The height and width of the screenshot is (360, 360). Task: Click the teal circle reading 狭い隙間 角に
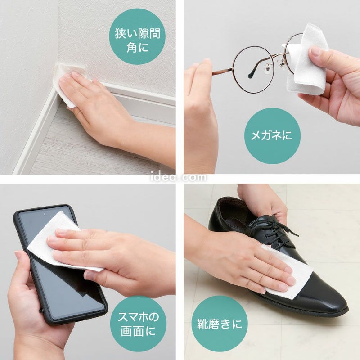pos(137,36)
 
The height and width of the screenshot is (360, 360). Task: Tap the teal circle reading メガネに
pos(272,136)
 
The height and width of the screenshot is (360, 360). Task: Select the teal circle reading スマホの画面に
pos(138,324)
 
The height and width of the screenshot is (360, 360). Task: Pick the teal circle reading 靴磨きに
pos(220,324)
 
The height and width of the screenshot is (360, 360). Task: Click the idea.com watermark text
pos(179,177)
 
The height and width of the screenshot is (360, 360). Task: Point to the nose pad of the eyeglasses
pos(268,68)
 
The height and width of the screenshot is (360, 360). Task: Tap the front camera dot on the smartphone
pos(44,214)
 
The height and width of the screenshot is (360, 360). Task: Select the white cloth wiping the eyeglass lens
pos(306,60)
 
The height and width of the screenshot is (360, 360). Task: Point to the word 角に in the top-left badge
pos(137,48)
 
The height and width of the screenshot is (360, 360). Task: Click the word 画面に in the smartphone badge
pos(138,331)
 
